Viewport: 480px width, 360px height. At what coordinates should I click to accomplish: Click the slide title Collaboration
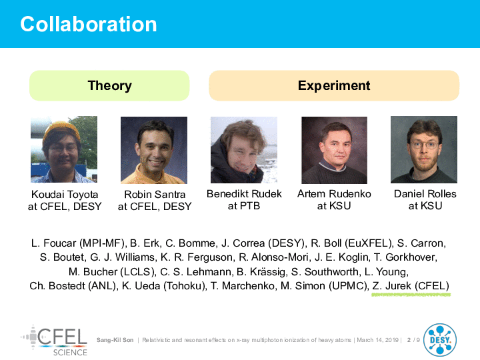(x=89, y=24)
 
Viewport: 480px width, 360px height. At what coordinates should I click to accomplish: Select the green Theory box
(x=109, y=85)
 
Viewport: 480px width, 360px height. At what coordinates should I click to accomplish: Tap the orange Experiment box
(x=334, y=85)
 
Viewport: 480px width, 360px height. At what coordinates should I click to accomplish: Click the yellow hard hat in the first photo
(x=61, y=130)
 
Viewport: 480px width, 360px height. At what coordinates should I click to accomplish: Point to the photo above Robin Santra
(x=154, y=150)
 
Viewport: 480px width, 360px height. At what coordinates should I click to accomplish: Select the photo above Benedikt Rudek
(x=244, y=150)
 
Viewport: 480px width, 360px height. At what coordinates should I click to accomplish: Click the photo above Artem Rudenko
(x=334, y=150)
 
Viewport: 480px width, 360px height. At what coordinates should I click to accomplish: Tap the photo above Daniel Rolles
(x=424, y=150)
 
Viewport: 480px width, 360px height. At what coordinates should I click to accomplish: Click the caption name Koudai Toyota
(x=65, y=195)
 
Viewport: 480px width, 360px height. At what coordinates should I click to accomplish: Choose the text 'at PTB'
(x=244, y=206)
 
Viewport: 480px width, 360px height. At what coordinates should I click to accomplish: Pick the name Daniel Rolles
(x=425, y=194)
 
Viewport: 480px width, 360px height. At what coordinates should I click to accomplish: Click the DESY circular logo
(x=440, y=340)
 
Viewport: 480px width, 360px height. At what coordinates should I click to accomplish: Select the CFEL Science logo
(x=54, y=341)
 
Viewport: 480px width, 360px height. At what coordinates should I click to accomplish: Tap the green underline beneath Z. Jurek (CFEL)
(x=411, y=295)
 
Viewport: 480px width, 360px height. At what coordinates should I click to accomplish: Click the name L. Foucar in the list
(x=53, y=243)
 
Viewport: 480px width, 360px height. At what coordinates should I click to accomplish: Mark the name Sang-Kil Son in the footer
(x=115, y=340)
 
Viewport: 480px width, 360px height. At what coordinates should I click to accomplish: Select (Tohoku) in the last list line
(x=185, y=286)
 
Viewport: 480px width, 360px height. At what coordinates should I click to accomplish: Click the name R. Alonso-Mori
(x=273, y=257)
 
